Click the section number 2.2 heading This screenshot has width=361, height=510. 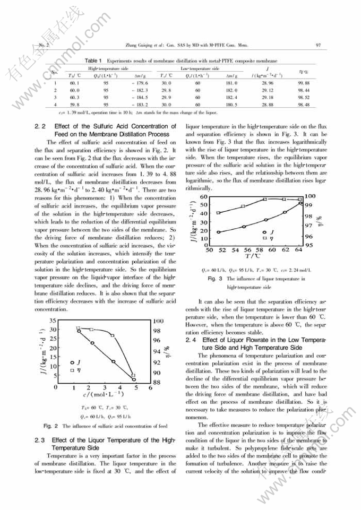click(x=40, y=126)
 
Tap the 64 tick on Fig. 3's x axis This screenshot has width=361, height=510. click(x=299, y=249)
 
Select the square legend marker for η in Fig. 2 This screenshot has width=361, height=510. click(x=73, y=370)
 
